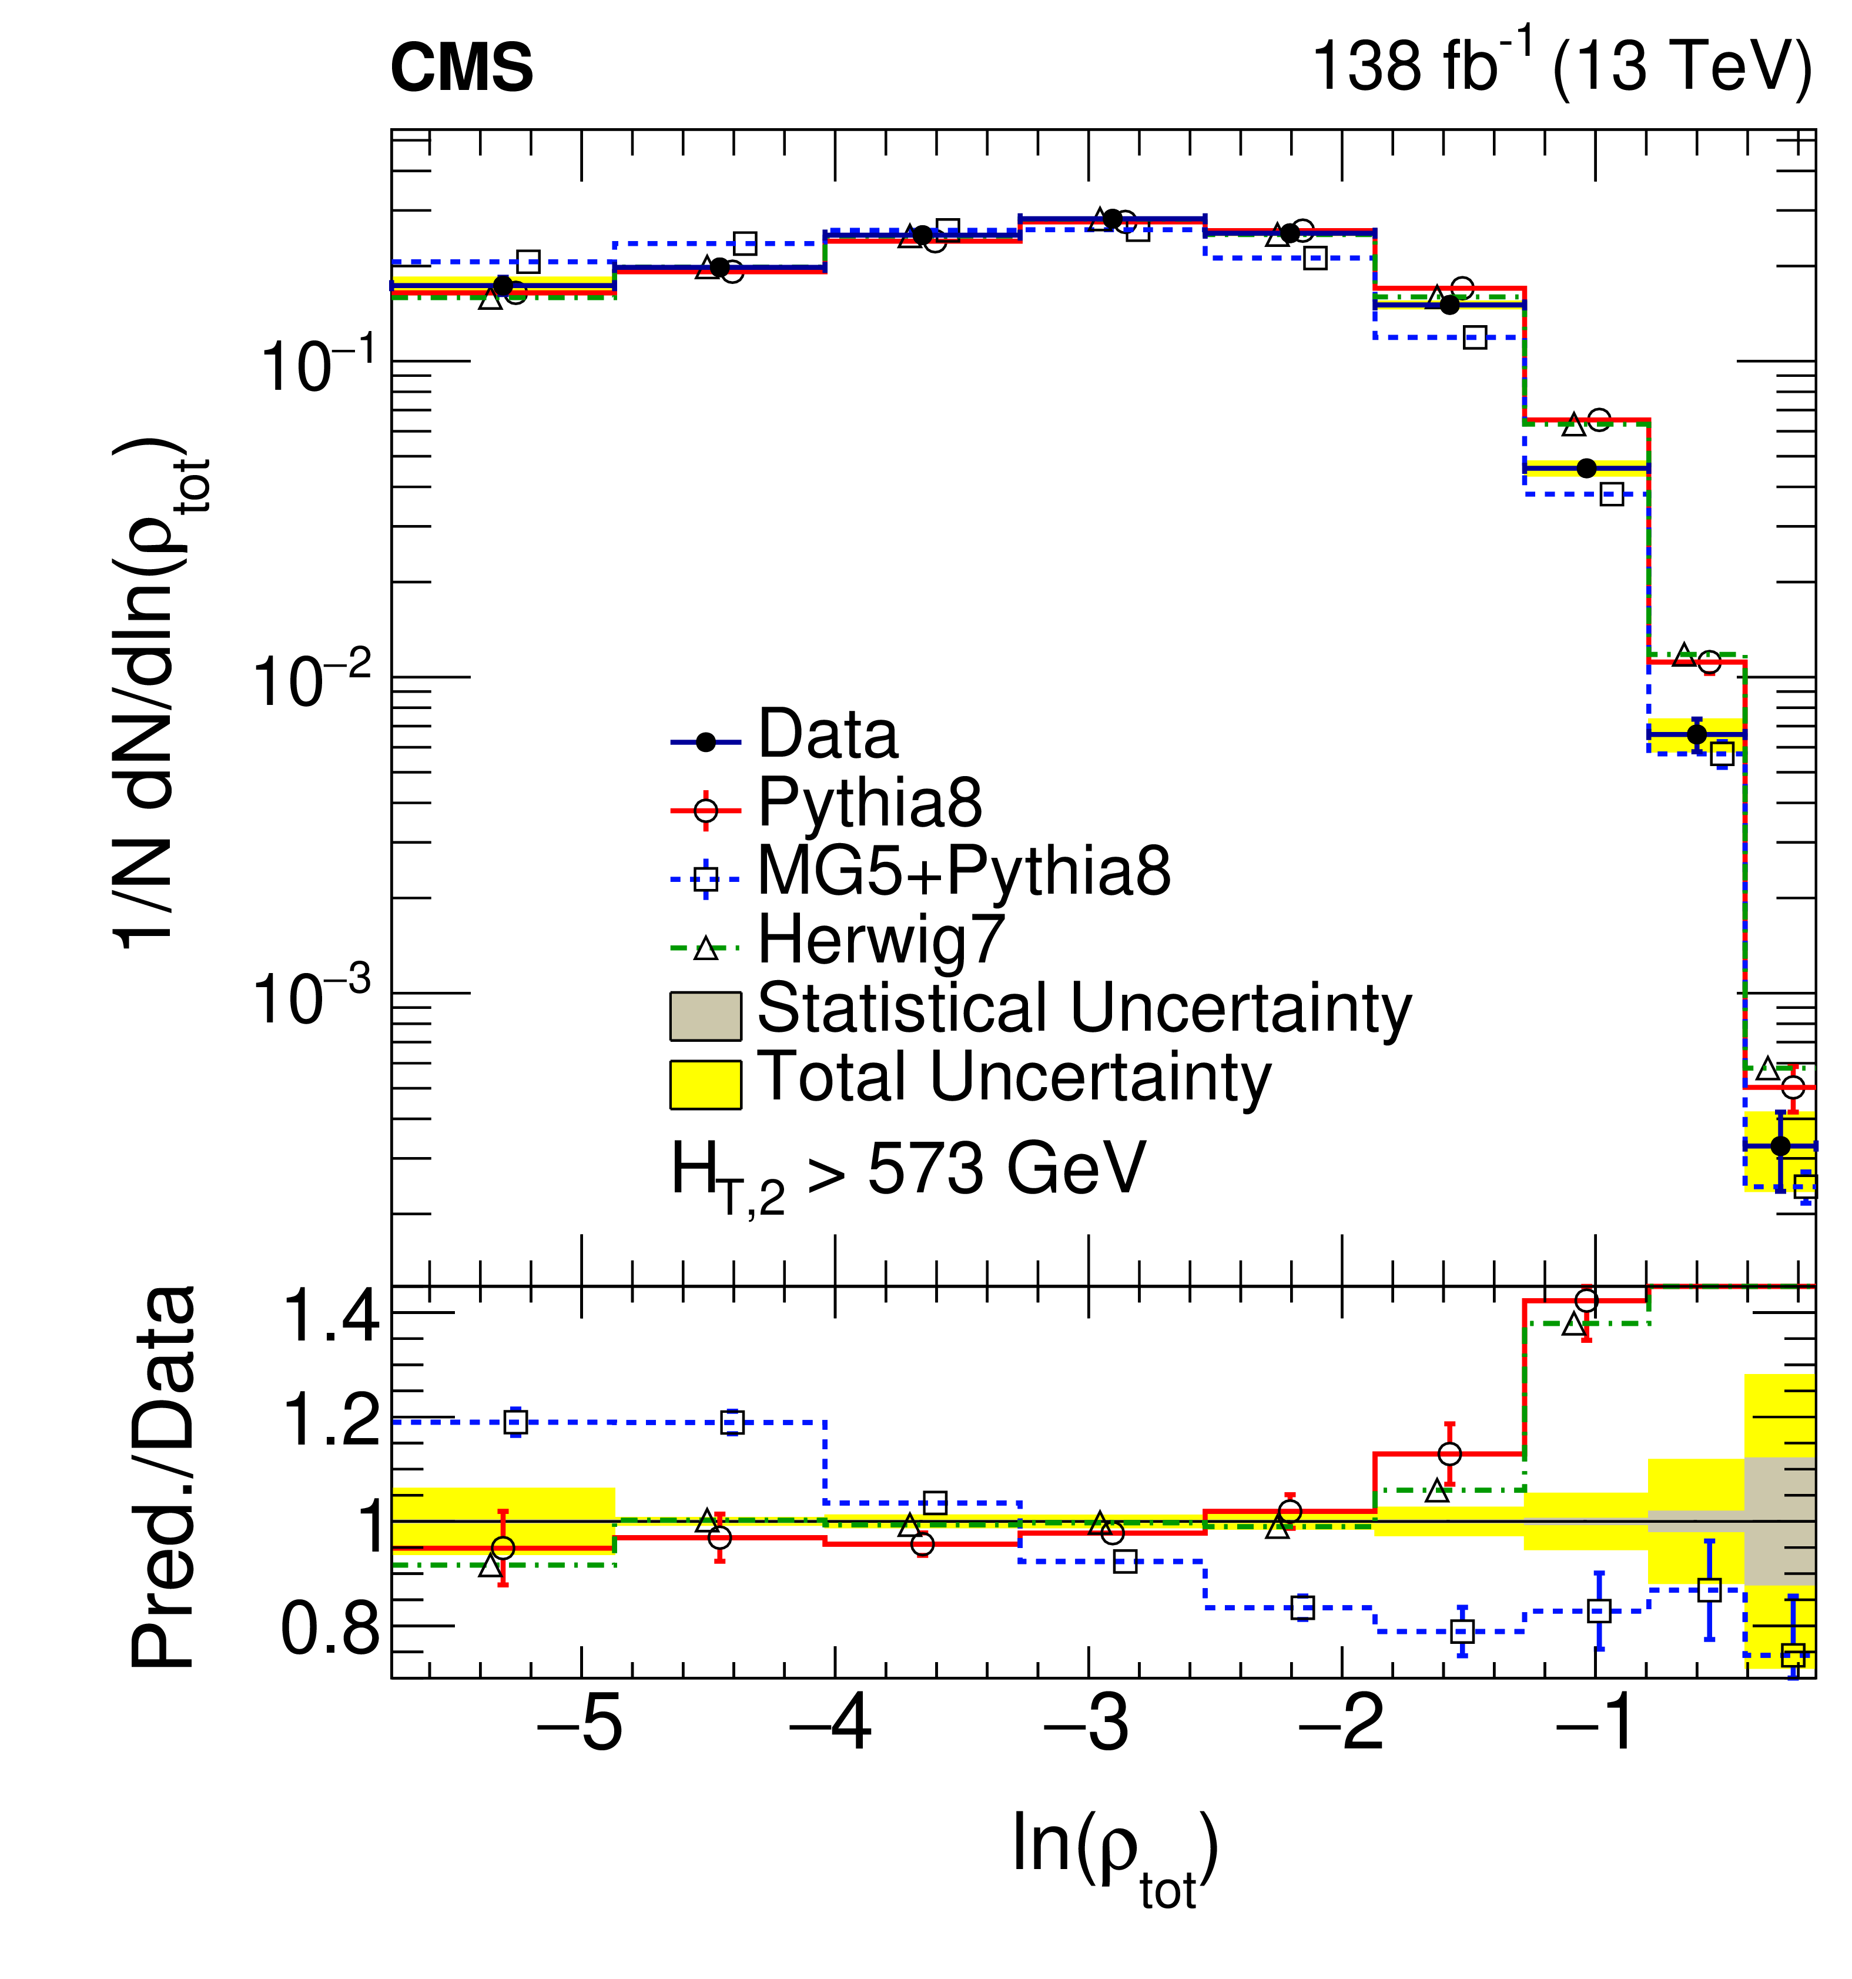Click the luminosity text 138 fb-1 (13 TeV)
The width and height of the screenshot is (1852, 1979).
point(1562,66)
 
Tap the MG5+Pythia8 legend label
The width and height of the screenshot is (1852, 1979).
point(963,871)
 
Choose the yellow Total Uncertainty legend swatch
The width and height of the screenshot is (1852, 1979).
point(705,1084)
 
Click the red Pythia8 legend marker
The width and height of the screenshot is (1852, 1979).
point(705,810)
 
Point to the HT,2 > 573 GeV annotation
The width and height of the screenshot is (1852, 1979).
point(907,1175)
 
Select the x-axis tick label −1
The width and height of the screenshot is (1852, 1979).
point(1593,1724)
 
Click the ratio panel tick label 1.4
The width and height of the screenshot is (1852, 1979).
point(331,1316)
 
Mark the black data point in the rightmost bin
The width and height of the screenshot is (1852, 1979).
point(1780,1146)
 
